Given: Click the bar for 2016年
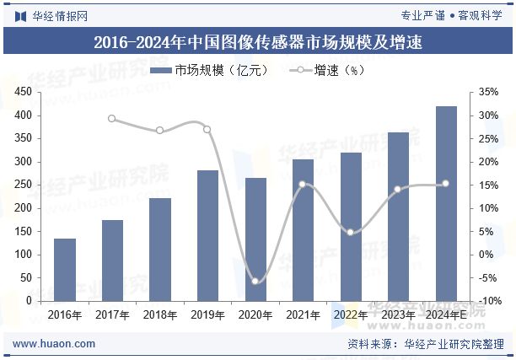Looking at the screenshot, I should coord(65,270).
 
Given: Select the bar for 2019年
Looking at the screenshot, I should coord(207,235).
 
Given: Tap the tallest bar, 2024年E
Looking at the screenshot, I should coord(446,203).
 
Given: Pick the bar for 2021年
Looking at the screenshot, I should coord(303,229).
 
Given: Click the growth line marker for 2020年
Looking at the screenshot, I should coord(255,281).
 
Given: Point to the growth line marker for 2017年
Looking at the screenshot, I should coord(112,119).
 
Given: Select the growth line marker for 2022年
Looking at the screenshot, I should coord(351,232).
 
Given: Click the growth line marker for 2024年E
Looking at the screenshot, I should coord(446,184).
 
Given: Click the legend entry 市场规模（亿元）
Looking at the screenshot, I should coord(210,71).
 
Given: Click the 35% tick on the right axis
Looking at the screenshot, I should coord(488,92).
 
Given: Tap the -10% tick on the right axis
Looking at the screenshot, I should coord(488,301).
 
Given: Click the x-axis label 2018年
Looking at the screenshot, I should coord(160,315).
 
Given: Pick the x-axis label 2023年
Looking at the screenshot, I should coord(398,315).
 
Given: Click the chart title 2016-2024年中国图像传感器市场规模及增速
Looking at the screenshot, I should coord(258,41).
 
